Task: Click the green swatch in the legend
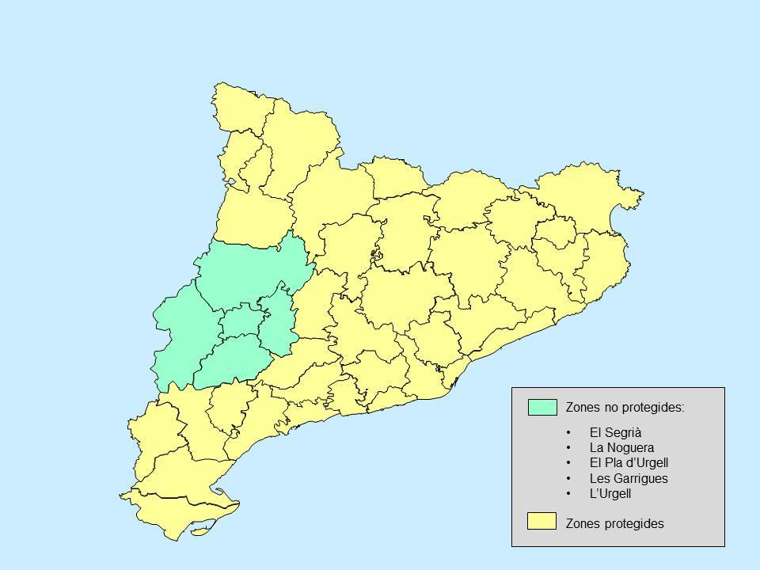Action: (x=542, y=408)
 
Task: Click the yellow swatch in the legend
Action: (x=542, y=521)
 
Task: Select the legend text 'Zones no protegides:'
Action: (x=625, y=408)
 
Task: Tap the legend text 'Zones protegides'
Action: (x=614, y=523)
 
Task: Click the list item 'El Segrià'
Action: (x=615, y=433)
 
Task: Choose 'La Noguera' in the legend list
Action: (x=621, y=448)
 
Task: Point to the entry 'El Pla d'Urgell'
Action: (x=629, y=463)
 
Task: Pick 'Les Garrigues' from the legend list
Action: (x=629, y=479)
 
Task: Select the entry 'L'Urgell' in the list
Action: (x=610, y=494)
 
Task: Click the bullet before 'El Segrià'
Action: (x=569, y=433)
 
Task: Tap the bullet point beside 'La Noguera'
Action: (x=569, y=448)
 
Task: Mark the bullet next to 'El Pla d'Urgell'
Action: (x=569, y=463)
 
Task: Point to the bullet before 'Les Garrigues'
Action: (x=569, y=479)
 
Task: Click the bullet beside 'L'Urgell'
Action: (x=569, y=494)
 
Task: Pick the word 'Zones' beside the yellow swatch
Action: (x=582, y=523)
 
